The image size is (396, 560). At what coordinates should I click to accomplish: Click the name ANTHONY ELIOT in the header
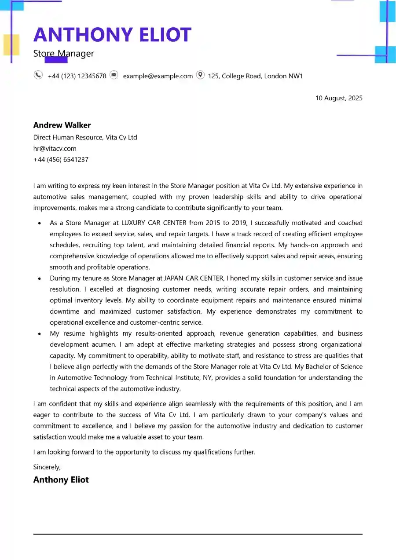(x=112, y=35)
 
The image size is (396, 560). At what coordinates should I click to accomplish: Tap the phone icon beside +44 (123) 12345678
(x=38, y=75)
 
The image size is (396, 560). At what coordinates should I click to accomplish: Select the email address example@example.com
(x=158, y=76)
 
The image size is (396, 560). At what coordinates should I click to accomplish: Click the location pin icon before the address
(x=200, y=75)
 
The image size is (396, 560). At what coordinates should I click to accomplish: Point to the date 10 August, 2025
(x=339, y=98)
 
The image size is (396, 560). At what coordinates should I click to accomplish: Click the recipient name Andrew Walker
(x=62, y=125)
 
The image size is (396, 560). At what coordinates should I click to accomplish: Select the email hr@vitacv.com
(x=55, y=149)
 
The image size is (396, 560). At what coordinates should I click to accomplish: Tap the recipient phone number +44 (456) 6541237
(x=61, y=160)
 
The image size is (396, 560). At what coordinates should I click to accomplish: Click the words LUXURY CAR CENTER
(x=154, y=223)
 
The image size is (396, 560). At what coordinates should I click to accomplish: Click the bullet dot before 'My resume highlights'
(x=40, y=334)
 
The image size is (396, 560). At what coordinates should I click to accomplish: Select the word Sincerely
(x=47, y=467)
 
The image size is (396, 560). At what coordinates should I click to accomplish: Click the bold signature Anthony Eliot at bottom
(x=61, y=480)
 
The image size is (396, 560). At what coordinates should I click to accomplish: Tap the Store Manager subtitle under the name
(x=64, y=54)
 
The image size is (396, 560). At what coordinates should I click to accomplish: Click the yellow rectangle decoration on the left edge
(x=11, y=44)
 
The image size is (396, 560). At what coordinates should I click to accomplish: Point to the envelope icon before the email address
(x=114, y=75)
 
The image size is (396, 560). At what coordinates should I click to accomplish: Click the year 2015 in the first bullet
(x=214, y=223)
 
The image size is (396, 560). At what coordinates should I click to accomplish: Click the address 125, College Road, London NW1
(x=256, y=76)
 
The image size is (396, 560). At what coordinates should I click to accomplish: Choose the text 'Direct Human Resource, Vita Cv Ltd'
(x=85, y=137)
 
